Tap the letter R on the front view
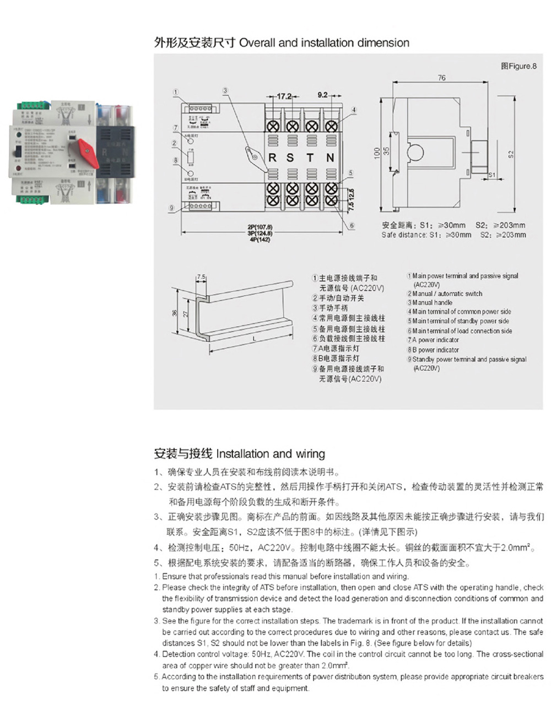tap(272, 158)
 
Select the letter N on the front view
tap(330, 158)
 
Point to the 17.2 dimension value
tap(283, 96)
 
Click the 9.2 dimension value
tap(322, 95)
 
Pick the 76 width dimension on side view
tap(441, 78)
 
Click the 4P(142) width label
tap(260, 240)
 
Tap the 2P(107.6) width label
tap(260, 227)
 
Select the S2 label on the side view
tap(511, 154)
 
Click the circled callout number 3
tap(225, 91)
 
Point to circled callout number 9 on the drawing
tap(172, 208)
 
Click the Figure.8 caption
tap(518, 66)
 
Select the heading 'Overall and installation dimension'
tap(324, 43)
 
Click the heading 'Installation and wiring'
tap(271, 454)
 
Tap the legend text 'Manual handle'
tap(432, 302)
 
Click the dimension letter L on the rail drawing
tap(255, 339)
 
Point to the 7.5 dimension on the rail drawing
tap(201, 277)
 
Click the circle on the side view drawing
tap(417, 152)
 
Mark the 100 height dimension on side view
tap(377, 153)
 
